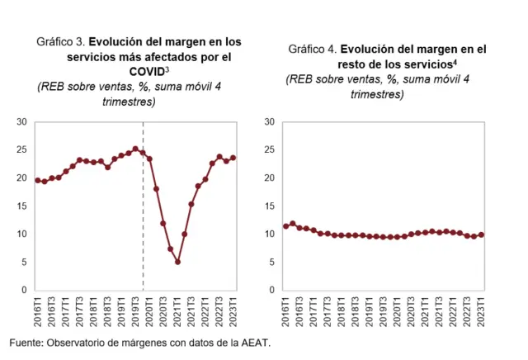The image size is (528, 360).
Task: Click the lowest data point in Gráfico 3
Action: click(177, 263)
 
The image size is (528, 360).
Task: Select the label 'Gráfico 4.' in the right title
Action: click(313, 49)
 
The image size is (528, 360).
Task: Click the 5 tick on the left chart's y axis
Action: click(25, 263)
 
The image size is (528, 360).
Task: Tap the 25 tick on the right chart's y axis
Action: click(269, 150)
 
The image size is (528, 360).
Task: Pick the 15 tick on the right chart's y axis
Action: click(269, 206)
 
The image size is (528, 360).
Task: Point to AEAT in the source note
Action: click(252, 342)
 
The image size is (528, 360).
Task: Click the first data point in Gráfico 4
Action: click(285, 226)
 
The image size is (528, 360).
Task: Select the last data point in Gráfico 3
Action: click(233, 158)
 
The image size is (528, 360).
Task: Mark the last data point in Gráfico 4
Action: click(482, 234)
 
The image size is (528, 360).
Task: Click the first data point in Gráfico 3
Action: click(38, 180)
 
